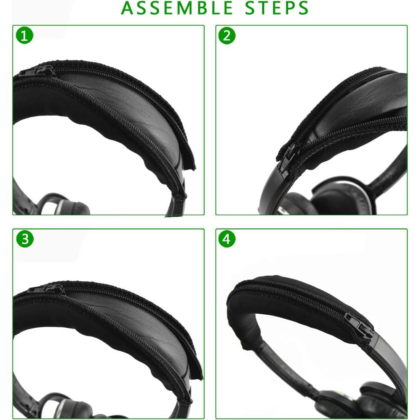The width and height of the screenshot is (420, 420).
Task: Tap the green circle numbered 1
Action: tap(24, 36)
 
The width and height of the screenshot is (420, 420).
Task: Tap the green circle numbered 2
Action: tap(227, 36)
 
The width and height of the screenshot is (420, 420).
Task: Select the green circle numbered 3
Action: tap(24, 239)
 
